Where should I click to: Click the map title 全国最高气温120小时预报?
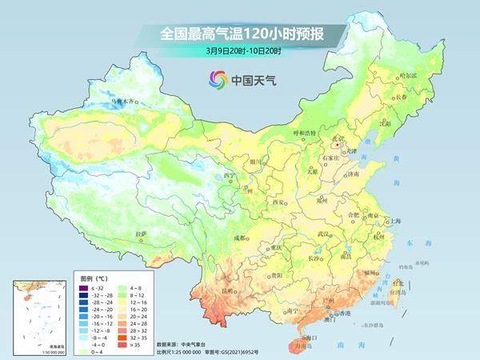click(x=239, y=34)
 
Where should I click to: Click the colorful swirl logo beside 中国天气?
click(x=216, y=79)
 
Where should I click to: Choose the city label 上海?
click(x=393, y=221)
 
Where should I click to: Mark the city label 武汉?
click(x=324, y=234)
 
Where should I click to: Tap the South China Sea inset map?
click(x=37, y=315)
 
